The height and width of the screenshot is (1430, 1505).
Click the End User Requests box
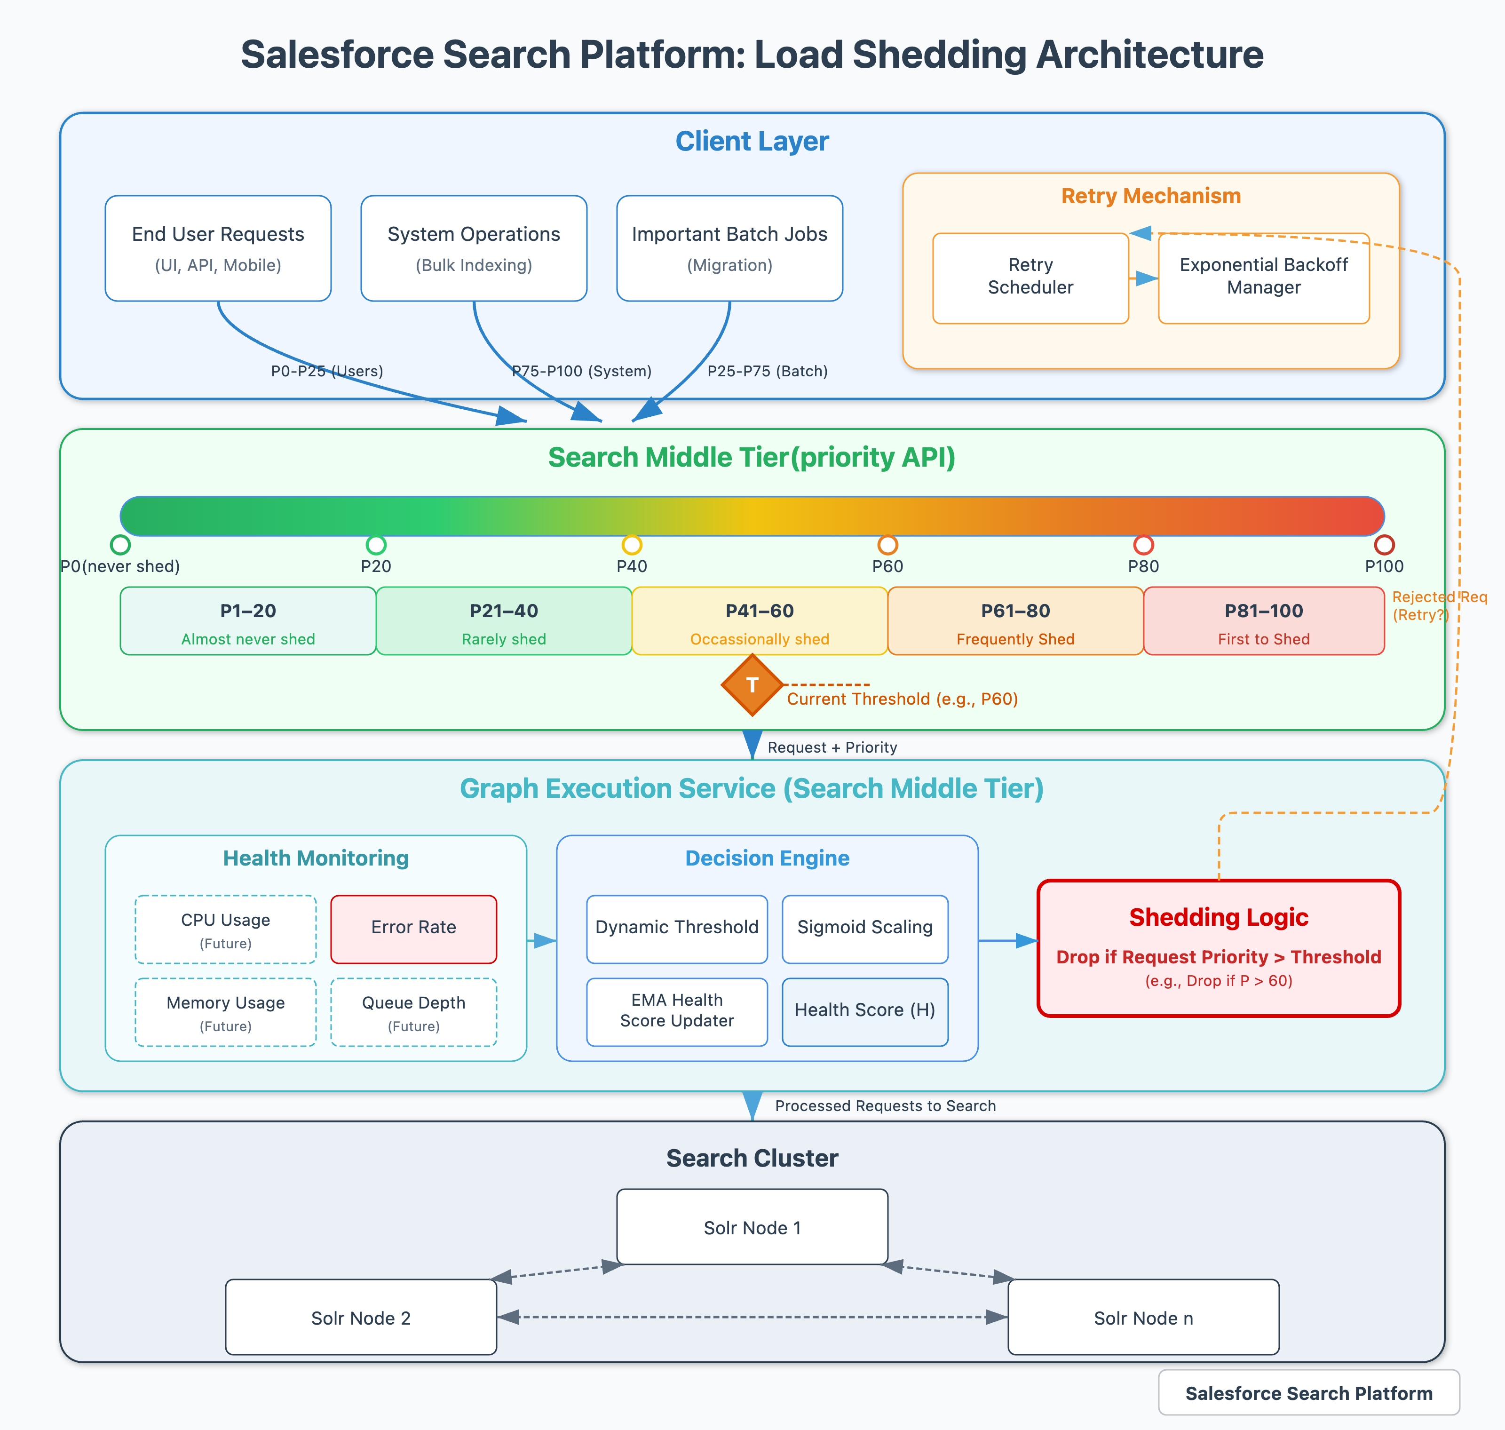[x=218, y=248]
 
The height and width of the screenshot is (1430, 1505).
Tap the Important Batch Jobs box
[x=729, y=248]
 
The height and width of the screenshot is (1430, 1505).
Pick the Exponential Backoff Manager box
[x=1263, y=278]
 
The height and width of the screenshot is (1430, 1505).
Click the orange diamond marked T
[x=752, y=684]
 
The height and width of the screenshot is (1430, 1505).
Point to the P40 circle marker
[x=632, y=544]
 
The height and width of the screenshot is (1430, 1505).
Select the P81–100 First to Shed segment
[x=1263, y=621]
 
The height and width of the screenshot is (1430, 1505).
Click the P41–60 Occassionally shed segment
[x=759, y=621]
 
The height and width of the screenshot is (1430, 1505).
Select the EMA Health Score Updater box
[x=677, y=1011]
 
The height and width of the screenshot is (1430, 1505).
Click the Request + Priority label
[x=832, y=747]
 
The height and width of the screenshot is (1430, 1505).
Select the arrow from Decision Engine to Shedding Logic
[x=1006, y=941]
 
